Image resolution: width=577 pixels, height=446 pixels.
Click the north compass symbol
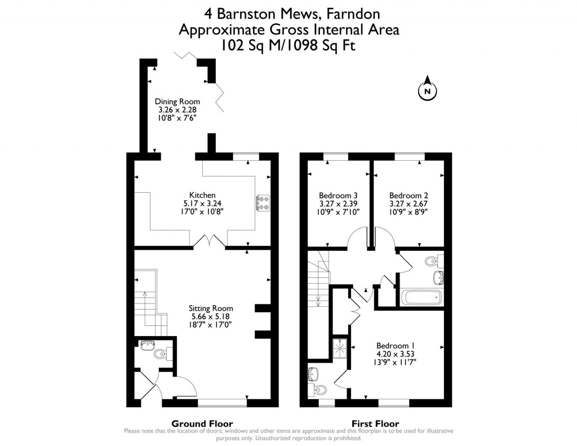(x=427, y=90)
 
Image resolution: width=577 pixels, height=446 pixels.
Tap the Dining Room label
(x=177, y=102)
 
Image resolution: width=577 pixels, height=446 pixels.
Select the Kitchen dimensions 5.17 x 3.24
(x=202, y=204)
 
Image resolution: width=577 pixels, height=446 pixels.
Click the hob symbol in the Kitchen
(x=263, y=204)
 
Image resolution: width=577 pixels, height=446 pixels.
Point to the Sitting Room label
(x=211, y=308)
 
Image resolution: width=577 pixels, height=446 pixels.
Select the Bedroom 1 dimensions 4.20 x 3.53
(x=396, y=354)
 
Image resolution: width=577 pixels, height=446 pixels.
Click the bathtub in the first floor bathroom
(x=422, y=297)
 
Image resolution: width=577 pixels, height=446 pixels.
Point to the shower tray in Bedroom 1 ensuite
(x=341, y=348)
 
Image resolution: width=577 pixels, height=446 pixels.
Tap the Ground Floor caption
(x=202, y=424)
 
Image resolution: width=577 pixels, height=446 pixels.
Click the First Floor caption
(x=375, y=424)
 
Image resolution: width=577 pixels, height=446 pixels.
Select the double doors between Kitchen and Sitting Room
(x=210, y=241)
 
